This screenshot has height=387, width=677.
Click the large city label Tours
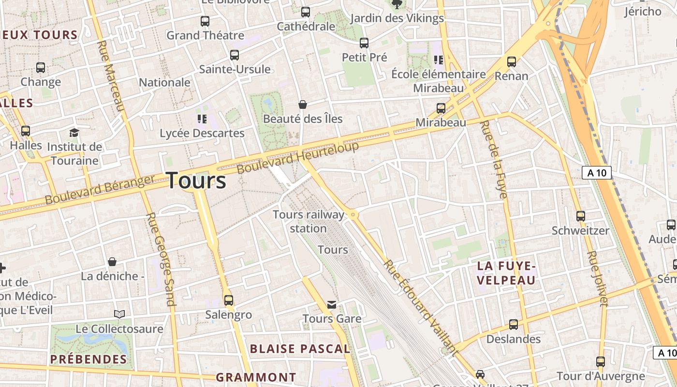(x=196, y=180)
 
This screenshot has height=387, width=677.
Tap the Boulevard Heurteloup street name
(x=298, y=157)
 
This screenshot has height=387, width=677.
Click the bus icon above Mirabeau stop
(x=441, y=108)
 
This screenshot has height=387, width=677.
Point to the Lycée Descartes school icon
(x=202, y=119)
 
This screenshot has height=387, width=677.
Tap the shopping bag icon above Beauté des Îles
(x=303, y=104)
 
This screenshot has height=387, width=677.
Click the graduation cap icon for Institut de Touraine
(x=74, y=133)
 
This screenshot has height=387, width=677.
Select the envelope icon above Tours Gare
(x=332, y=304)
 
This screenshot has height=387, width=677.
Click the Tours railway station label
(x=309, y=221)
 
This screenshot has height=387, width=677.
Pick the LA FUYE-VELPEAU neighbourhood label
(x=506, y=273)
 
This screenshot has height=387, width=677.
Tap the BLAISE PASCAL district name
(x=300, y=349)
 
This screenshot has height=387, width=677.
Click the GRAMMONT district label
(x=256, y=377)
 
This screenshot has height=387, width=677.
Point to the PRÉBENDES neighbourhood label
(x=88, y=359)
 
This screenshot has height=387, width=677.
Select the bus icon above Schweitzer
(x=581, y=216)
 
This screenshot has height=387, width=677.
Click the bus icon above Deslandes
(x=514, y=324)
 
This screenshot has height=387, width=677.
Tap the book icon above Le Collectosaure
(x=119, y=314)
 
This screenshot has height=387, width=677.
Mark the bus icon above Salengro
(x=229, y=300)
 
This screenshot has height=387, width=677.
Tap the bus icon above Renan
(x=512, y=61)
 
